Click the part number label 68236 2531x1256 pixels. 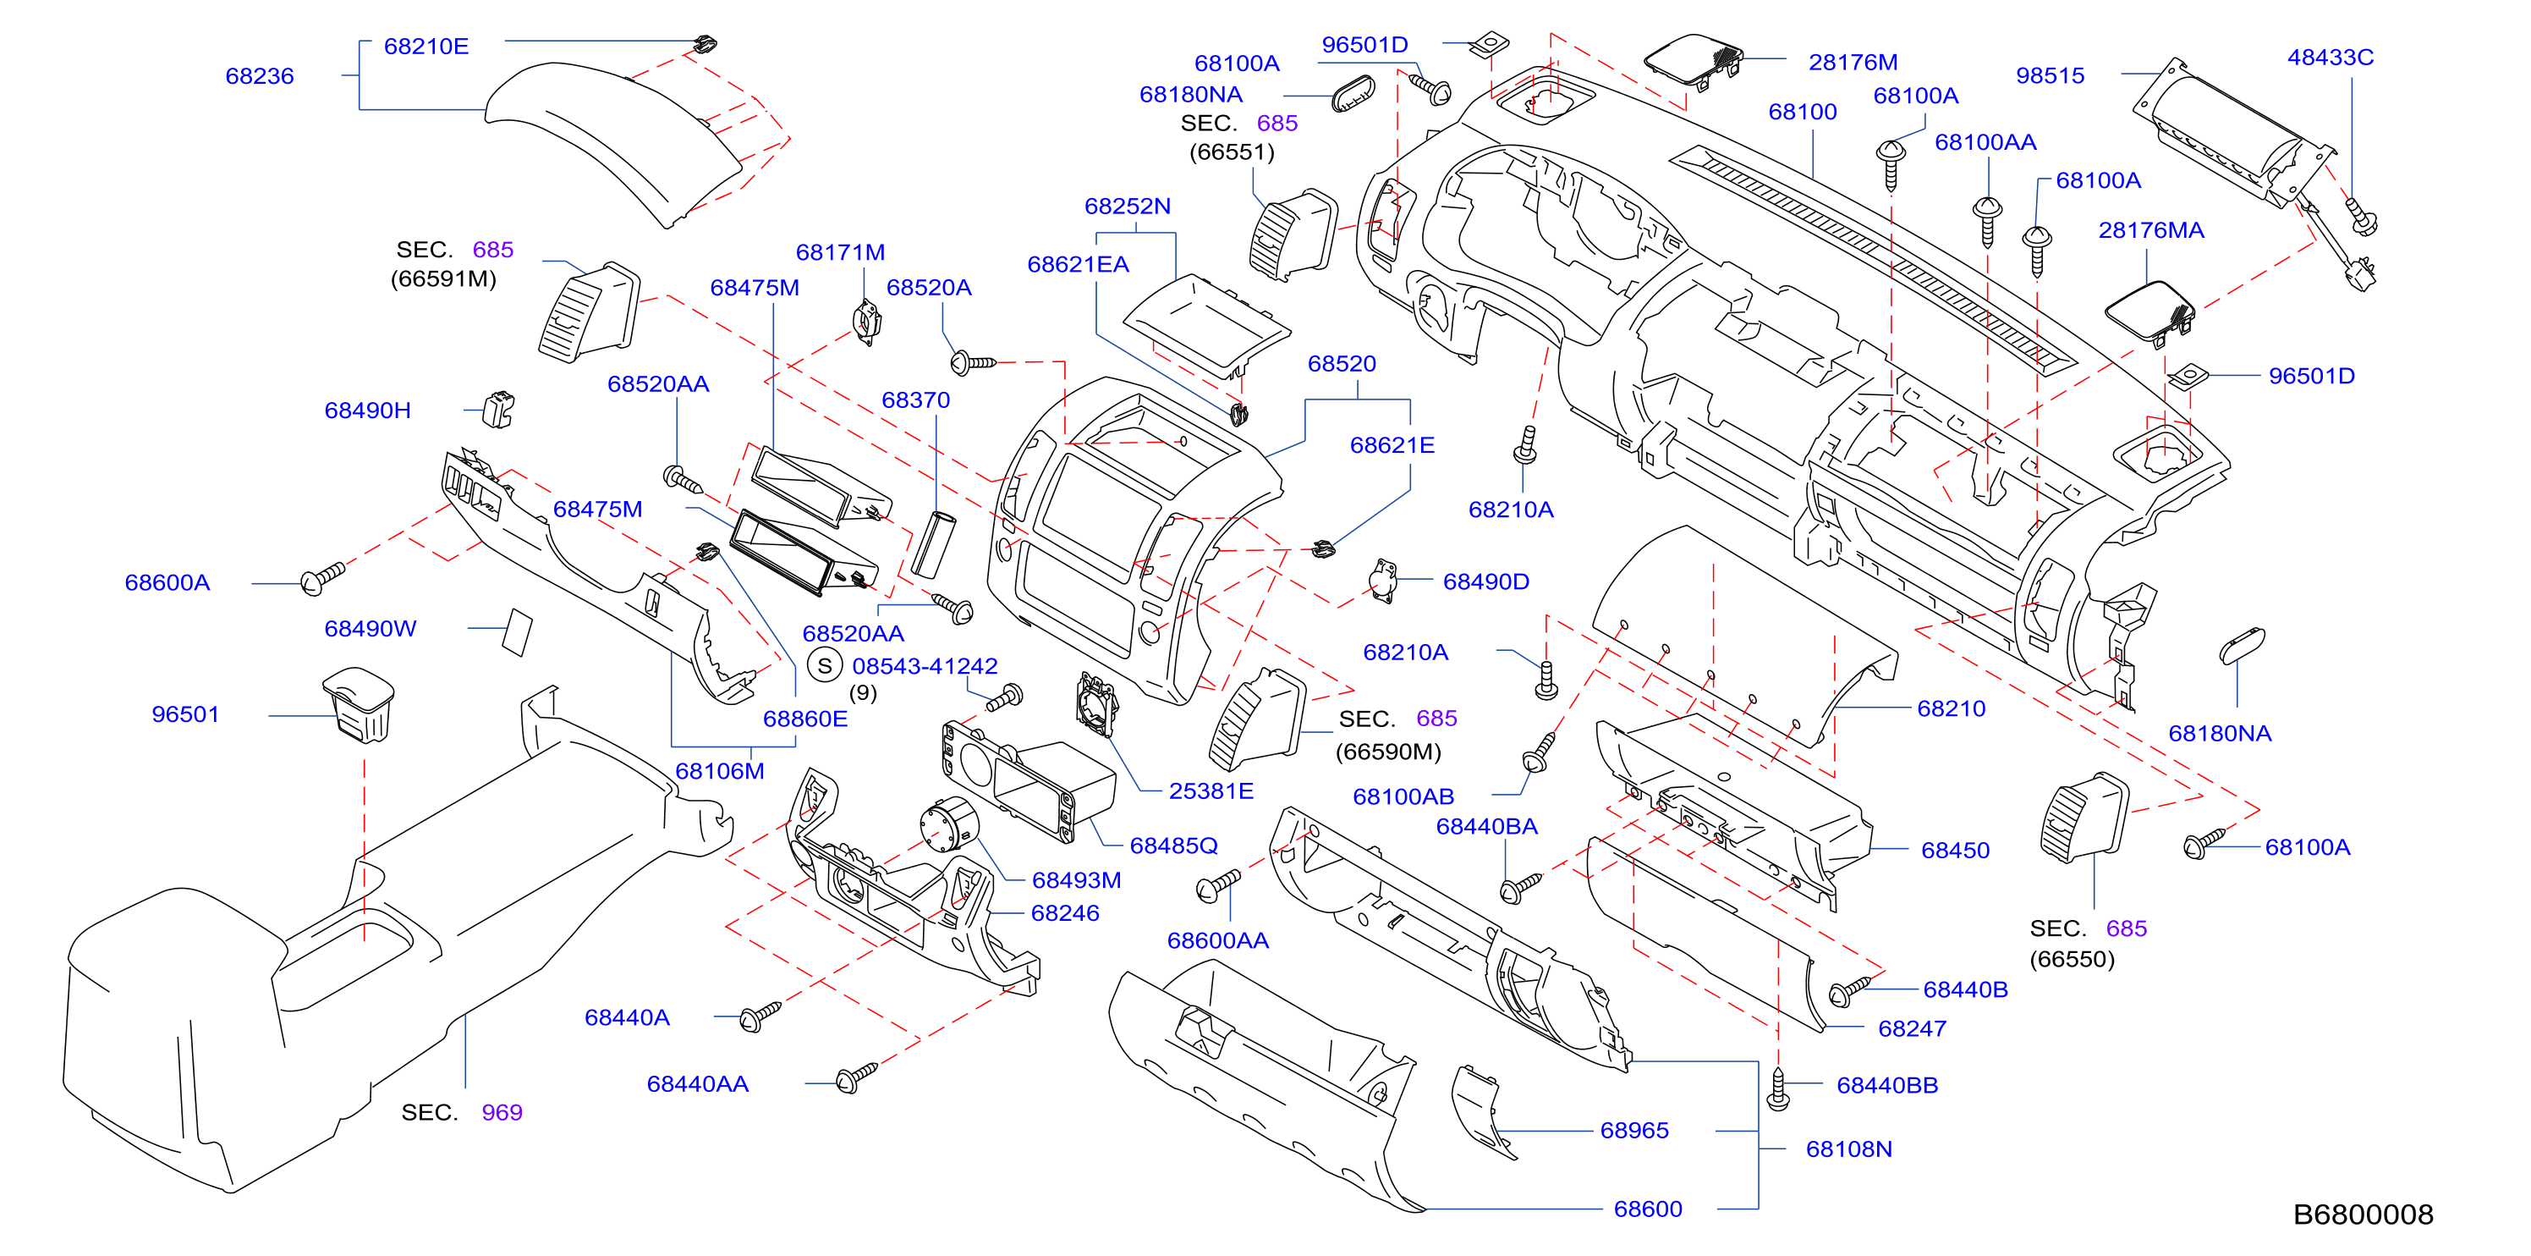[260, 75]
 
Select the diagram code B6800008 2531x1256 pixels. [2363, 1215]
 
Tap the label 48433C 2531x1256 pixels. [2331, 57]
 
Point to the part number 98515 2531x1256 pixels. [2050, 75]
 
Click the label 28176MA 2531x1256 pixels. [2151, 230]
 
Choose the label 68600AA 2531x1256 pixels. [1217, 940]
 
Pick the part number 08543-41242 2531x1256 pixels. [925, 665]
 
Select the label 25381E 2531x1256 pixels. [1211, 791]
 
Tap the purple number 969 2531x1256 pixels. [502, 1112]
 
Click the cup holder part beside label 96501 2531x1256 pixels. [359, 705]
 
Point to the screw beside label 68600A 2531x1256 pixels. [322, 578]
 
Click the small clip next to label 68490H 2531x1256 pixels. [499, 409]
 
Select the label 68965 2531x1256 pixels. [1634, 1130]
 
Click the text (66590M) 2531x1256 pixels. [1388, 752]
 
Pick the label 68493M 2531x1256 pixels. [1076, 880]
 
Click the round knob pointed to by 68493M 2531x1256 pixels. [949, 824]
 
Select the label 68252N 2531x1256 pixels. [1127, 207]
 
